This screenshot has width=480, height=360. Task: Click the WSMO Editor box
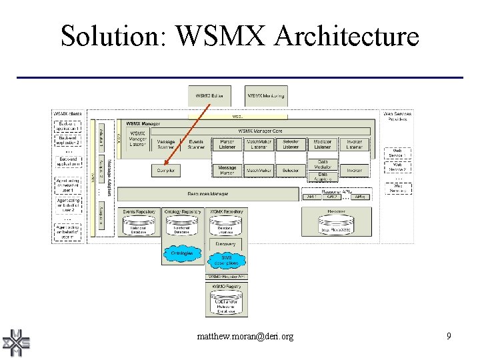tap(209, 96)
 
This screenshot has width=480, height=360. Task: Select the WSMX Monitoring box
tap(266, 96)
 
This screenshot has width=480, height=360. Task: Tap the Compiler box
tap(165, 171)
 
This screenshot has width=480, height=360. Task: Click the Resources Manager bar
tap(207, 194)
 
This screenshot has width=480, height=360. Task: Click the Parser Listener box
tap(227, 145)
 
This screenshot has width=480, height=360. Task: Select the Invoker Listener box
tap(354, 145)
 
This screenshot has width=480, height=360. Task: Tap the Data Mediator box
tap(323, 164)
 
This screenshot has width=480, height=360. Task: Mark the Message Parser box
tap(227, 171)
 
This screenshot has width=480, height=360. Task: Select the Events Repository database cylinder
tap(139, 227)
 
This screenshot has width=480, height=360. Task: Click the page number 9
tap(449, 337)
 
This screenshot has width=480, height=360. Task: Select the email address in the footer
tap(245, 337)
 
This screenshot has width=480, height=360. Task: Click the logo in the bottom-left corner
tap(17, 343)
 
